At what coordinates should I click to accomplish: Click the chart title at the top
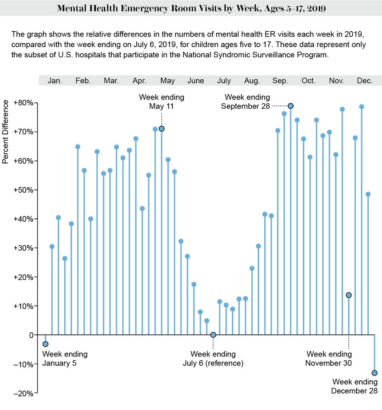[191, 8]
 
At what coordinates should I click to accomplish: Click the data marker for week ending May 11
[161, 129]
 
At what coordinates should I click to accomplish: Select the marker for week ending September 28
[290, 106]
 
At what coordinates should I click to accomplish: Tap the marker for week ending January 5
[45, 344]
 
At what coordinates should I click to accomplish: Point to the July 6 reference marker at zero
[213, 335]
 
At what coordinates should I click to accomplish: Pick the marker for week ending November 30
[348, 295]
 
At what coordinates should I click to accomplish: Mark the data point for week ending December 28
[374, 373]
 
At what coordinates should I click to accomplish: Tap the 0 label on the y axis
[31, 335]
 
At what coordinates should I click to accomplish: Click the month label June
[196, 81]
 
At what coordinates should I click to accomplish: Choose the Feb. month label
[83, 81]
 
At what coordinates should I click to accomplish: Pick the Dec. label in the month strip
[365, 81]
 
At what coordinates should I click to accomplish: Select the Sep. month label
[280, 81]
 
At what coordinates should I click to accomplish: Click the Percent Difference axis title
[6, 132]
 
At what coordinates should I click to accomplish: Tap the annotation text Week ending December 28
[354, 386]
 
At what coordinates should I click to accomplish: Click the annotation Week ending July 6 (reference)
[213, 359]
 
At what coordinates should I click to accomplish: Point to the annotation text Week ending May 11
[161, 102]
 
